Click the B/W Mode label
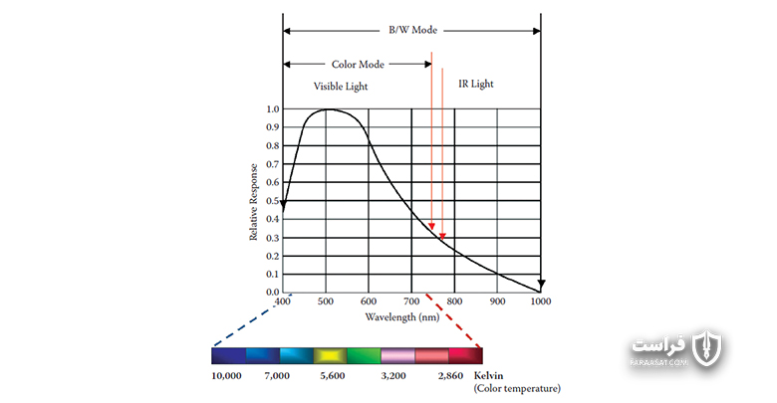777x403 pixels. click(412, 30)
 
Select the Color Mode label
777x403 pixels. click(358, 65)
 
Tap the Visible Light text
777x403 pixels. click(341, 87)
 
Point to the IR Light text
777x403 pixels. click(476, 84)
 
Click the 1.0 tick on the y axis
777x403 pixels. click(273, 108)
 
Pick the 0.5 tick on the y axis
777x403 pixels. click(273, 201)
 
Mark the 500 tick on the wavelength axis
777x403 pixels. click(326, 302)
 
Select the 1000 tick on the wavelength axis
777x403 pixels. click(541, 302)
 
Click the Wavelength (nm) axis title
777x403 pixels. click(402, 316)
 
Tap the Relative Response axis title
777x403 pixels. click(253, 202)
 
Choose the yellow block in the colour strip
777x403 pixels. click(330, 356)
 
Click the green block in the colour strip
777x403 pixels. click(364, 356)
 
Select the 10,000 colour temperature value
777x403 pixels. click(226, 376)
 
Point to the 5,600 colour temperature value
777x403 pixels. click(332, 376)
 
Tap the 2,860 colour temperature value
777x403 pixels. click(450, 376)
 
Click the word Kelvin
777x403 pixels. click(488, 376)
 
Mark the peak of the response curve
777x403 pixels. click(327, 109)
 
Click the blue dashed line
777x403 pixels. click(253, 319)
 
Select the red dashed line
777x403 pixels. click(453, 320)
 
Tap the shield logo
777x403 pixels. click(707, 347)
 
